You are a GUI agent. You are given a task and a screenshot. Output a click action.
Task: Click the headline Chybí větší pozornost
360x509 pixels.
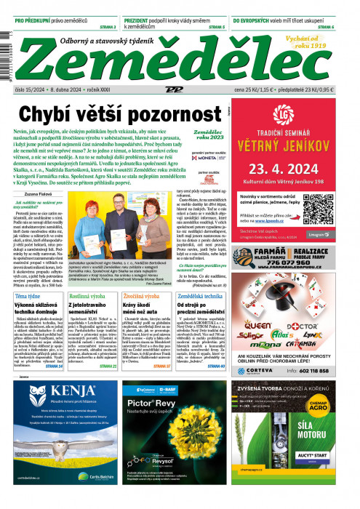click(x=119, y=113)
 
